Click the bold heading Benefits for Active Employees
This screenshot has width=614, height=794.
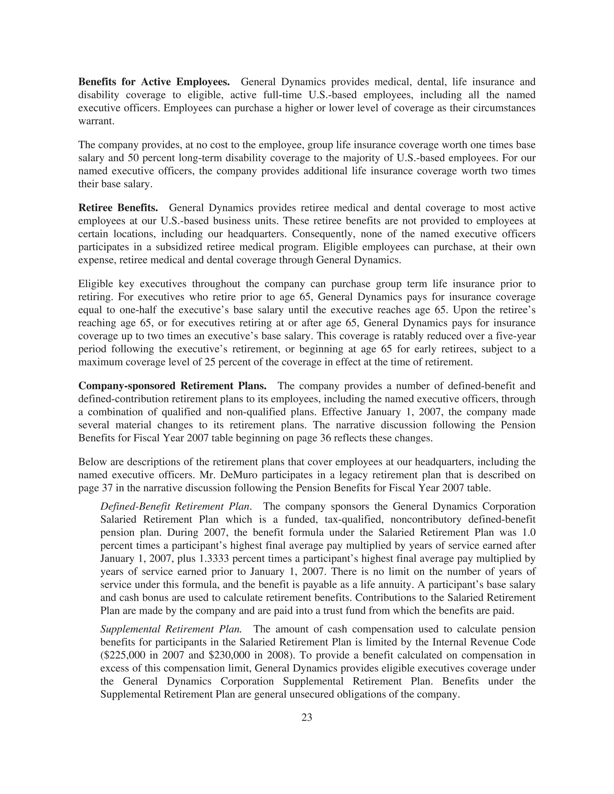pos(154,82)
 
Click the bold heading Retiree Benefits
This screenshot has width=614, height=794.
pos(118,208)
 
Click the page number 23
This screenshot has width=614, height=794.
pos(307,717)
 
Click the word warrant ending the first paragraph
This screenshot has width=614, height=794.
pos(96,121)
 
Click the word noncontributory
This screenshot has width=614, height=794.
pos(408,520)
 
